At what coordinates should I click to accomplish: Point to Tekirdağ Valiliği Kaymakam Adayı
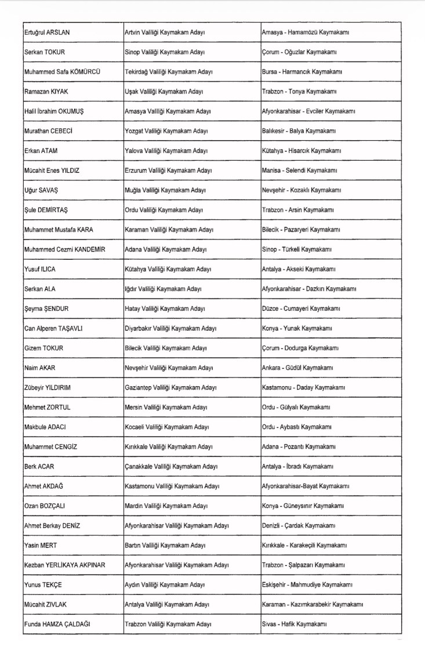pos(169,72)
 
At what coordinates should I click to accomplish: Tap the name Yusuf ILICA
pos(40,269)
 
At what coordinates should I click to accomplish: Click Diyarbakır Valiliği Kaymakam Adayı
pos(170,328)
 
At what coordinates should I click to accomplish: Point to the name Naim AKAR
pos(39,368)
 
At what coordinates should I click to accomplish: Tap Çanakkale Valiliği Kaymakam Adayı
pos(171,466)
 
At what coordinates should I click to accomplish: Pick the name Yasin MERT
pos(41,545)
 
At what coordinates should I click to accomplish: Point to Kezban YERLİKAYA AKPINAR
pos(64,565)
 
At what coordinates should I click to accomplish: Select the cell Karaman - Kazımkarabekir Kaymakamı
pos(313,604)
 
